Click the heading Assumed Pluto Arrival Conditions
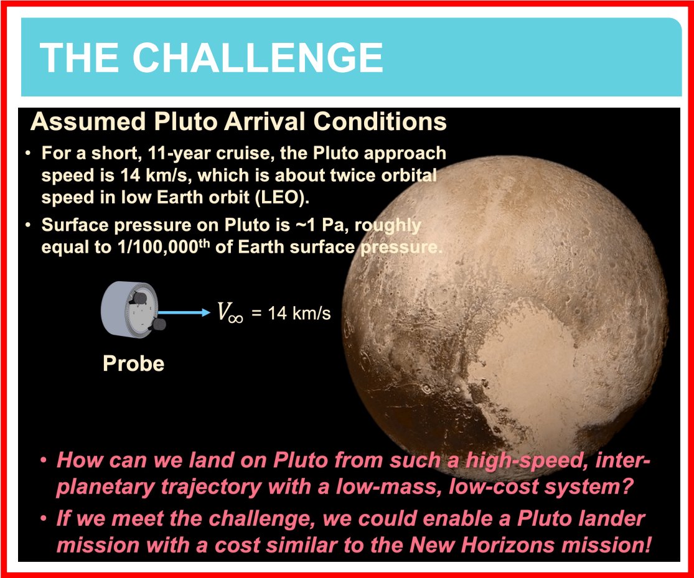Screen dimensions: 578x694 [238, 121]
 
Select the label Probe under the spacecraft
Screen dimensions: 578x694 [133, 363]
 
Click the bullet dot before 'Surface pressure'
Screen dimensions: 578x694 [29, 225]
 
